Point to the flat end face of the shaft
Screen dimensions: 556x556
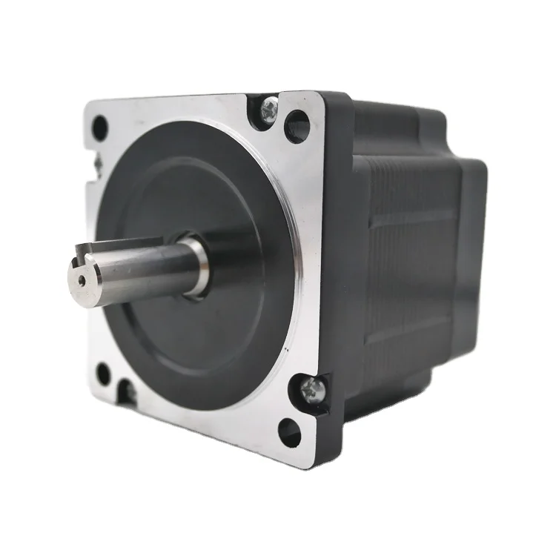point(83,279)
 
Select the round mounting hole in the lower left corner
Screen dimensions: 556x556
point(104,374)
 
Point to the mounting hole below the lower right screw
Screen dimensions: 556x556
point(289,432)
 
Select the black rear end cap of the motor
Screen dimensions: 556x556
point(471,245)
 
